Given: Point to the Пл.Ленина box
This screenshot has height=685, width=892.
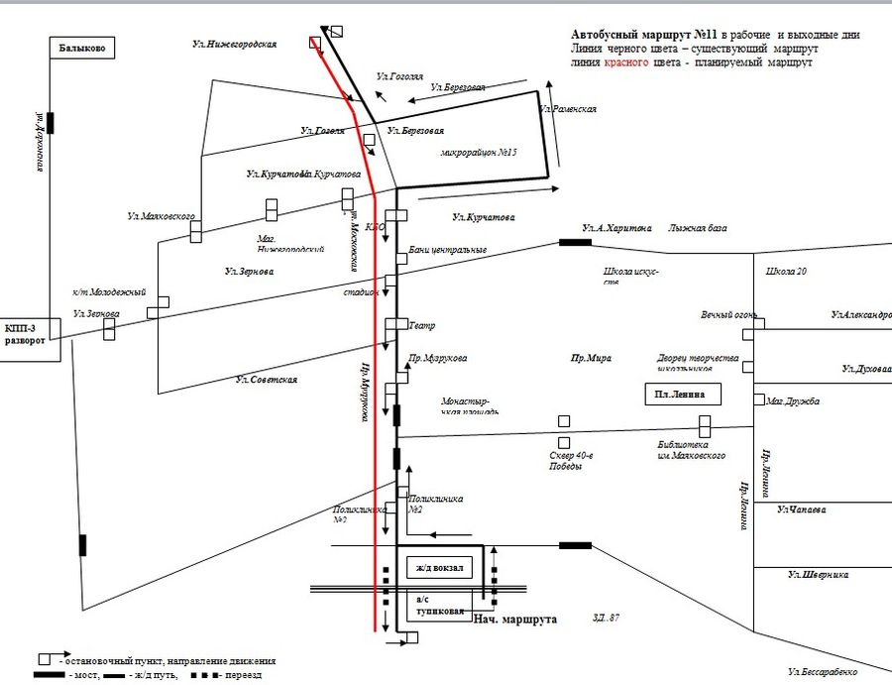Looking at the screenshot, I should [682, 395].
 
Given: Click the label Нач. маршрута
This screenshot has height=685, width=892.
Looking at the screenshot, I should [513, 620].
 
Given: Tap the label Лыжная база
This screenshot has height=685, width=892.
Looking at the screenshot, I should [698, 228].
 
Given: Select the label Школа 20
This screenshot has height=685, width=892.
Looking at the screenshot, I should [788, 271].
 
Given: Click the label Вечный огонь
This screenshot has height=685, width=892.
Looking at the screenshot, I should [727, 315].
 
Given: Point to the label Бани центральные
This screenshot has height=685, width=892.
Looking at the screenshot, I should [447, 250].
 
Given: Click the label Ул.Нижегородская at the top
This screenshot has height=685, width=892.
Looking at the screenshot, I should [235, 45].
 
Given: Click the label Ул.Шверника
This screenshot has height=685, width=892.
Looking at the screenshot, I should [819, 574].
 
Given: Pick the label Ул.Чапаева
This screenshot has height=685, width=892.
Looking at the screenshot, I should [803, 510].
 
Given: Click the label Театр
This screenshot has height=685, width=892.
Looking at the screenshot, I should [422, 325].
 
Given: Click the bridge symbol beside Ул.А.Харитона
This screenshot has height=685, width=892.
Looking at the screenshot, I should [575, 242].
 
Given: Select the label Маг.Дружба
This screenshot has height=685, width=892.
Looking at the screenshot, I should [793, 401].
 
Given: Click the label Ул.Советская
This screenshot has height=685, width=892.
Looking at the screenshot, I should [267, 380].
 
